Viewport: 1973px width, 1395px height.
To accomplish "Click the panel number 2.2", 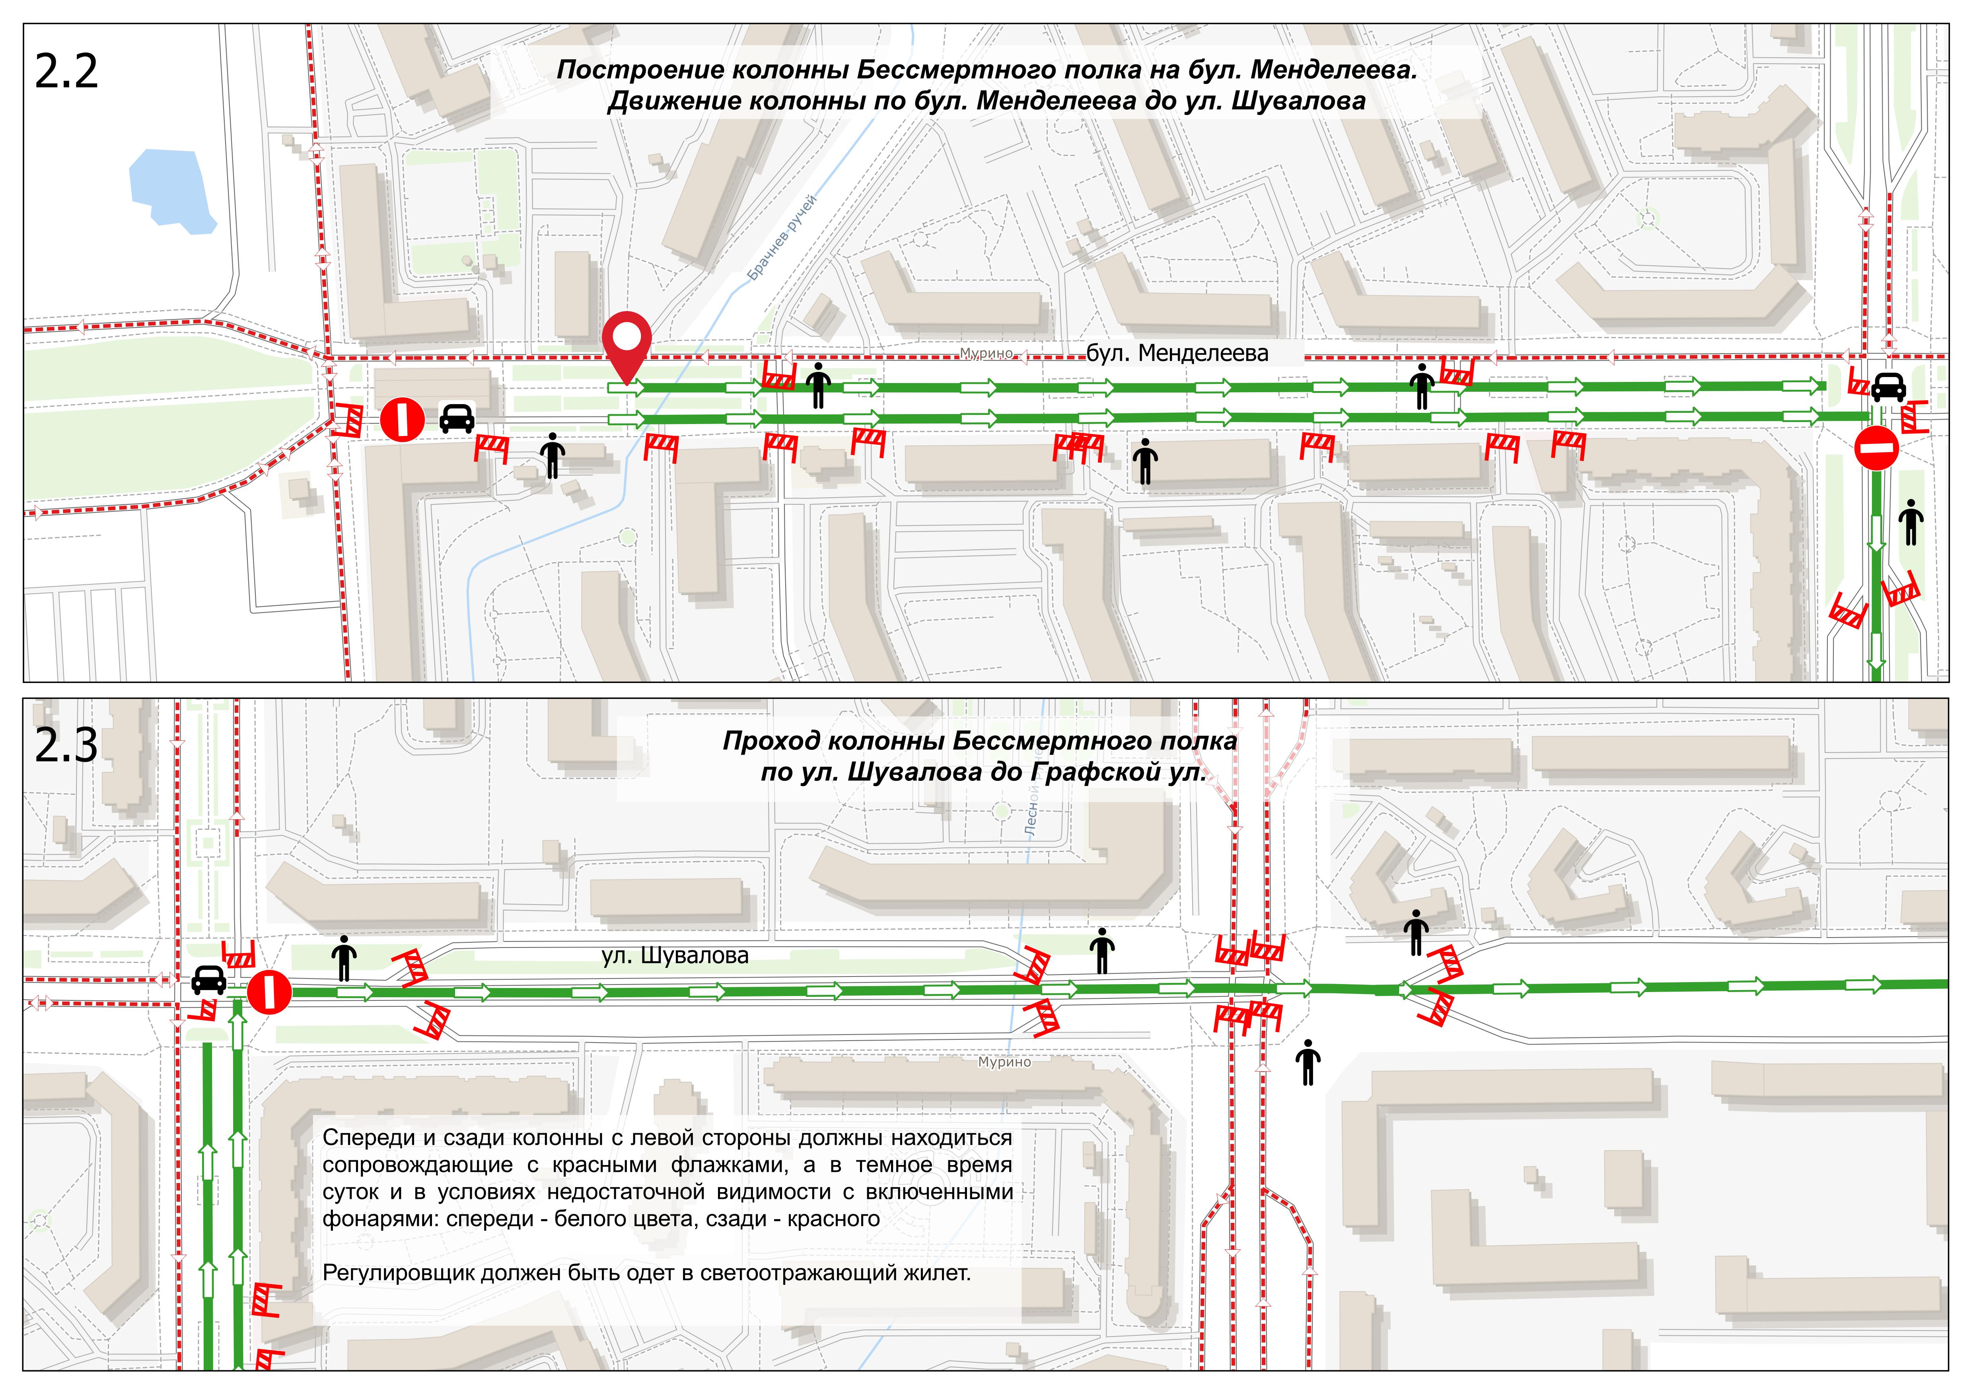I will (66, 72).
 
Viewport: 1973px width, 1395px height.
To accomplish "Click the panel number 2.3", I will (66, 746).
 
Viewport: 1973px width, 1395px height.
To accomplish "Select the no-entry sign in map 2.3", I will (269, 993).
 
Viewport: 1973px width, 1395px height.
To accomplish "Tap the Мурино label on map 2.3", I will (1004, 1062).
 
